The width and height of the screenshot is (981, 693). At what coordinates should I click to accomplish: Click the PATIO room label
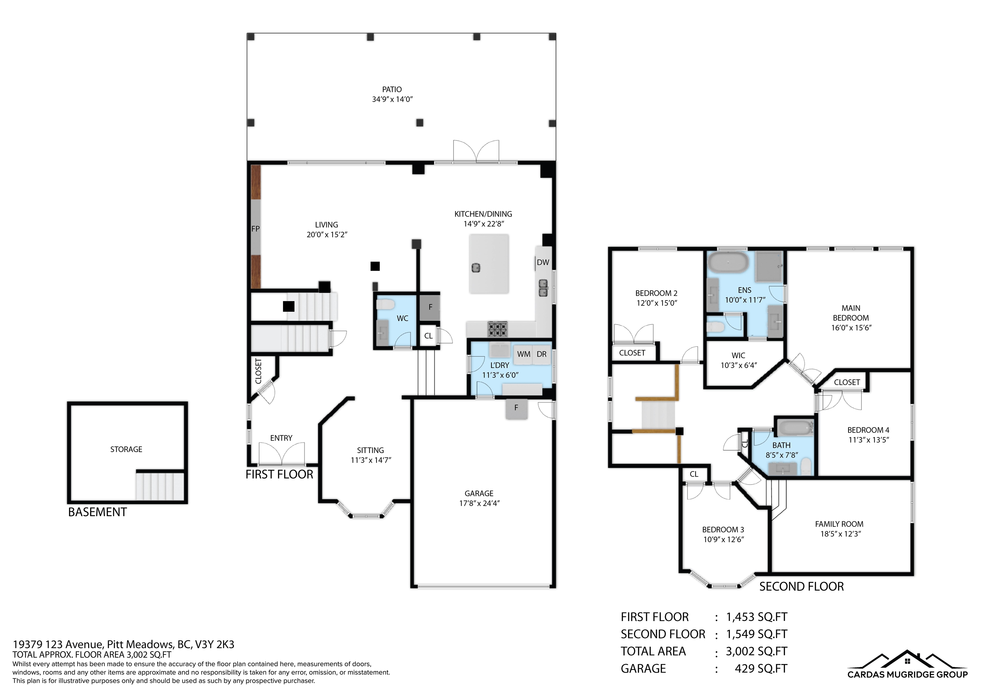pyautogui.click(x=392, y=89)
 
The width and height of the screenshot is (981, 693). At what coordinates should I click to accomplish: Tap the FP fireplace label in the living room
pyautogui.click(x=255, y=229)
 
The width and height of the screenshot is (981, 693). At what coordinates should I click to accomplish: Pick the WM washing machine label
pyautogui.click(x=523, y=354)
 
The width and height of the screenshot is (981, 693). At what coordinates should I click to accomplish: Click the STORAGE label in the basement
pyautogui.click(x=126, y=449)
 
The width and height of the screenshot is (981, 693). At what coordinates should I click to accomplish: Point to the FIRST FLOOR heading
pyautogui.click(x=279, y=474)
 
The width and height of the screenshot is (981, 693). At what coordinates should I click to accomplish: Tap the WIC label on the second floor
pyautogui.click(x=738, y=355)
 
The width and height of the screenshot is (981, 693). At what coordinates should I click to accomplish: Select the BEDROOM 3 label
pyautogui.click(x=723, y=529)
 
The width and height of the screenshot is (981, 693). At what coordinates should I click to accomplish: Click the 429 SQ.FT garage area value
pyautogui.click(x=761, y=668)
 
